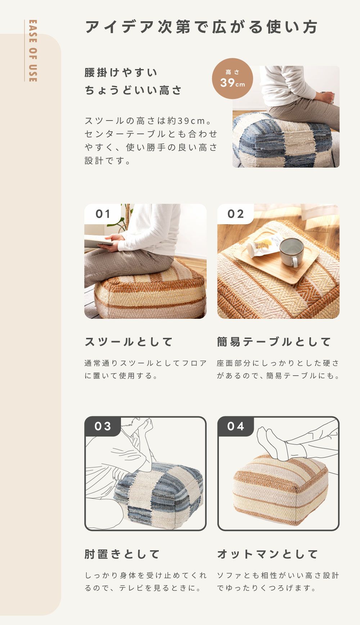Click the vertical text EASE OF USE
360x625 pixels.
coord(32,51)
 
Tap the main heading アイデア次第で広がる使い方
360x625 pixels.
coord(202,27)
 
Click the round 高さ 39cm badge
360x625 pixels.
coord(232,78)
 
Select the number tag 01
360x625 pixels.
coord(103,214)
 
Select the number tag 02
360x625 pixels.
coord(236,214)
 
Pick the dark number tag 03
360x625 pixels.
coord(103,426)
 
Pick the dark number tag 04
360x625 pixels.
coord(236,426)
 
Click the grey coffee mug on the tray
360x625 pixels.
coord(292,252)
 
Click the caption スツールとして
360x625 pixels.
coord(129,342)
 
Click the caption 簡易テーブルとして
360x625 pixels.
coord(274,342)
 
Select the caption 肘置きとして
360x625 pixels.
coord(122,554)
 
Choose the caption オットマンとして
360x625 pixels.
coord(267,554)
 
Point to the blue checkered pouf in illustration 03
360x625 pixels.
coord(158,495)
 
